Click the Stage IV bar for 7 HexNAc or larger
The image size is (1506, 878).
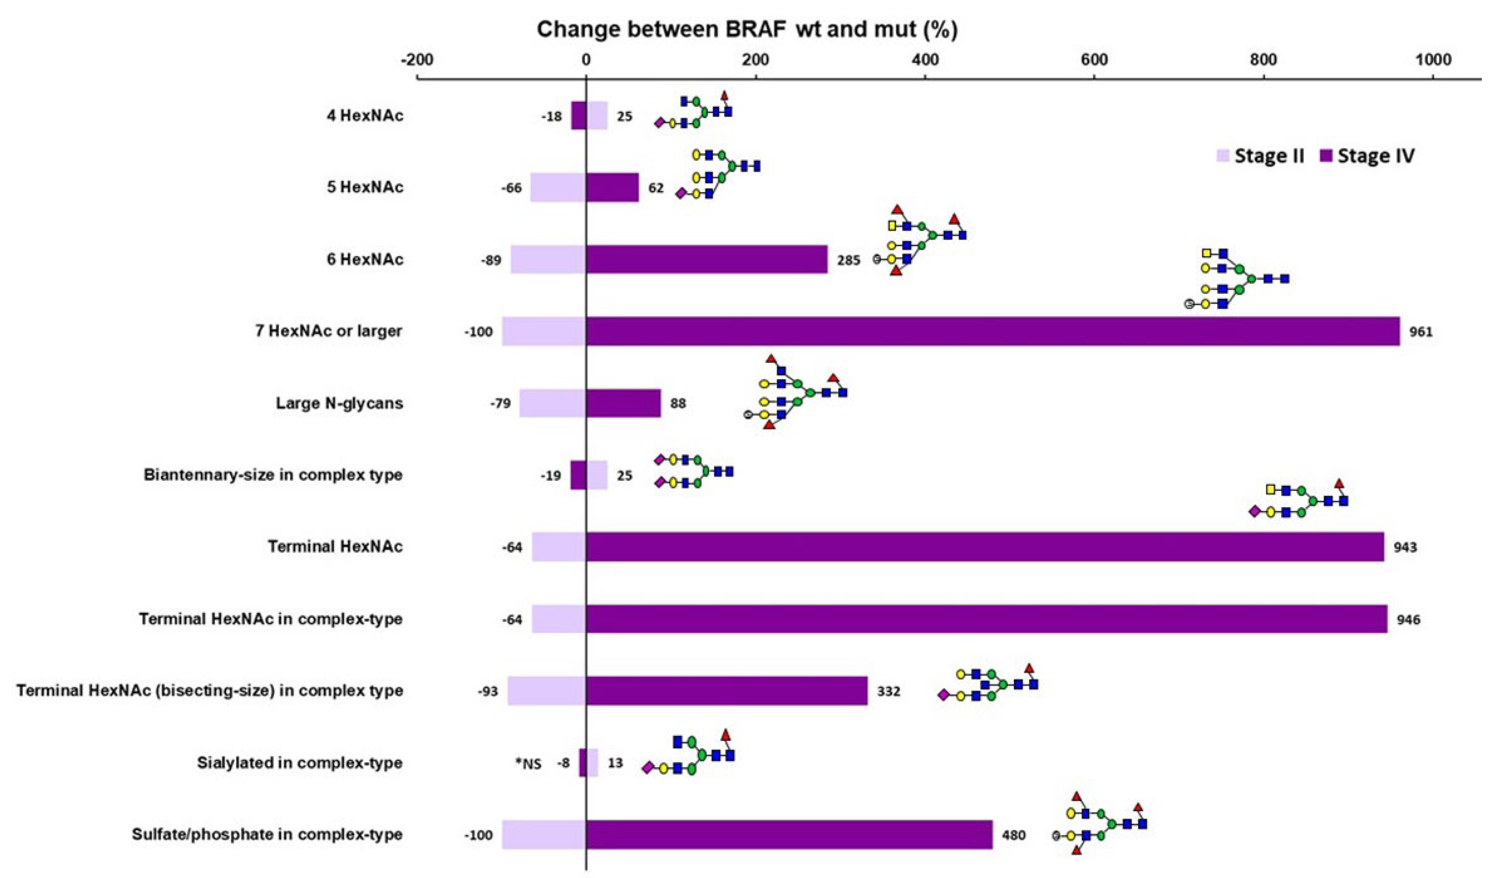coord(992,331)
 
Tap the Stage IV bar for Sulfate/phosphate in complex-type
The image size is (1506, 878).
coord(789,834)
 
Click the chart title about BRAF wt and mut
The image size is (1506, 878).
coord(747,29)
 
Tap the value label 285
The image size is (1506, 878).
coord(848,260)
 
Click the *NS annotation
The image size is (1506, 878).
coord(528,763)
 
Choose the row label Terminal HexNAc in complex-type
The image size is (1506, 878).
coord(271,619)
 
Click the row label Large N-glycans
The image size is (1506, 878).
coord(339,403)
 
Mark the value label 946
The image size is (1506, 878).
coord(1408,619)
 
